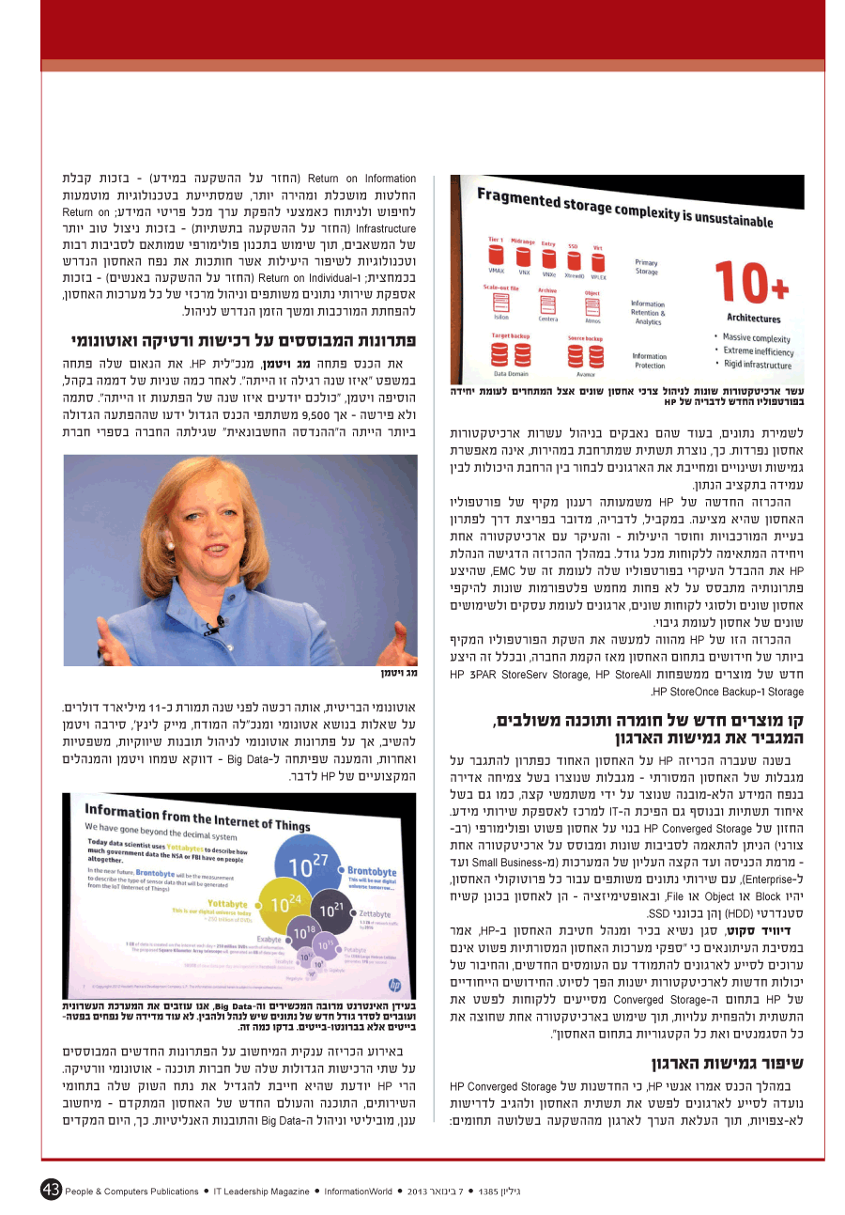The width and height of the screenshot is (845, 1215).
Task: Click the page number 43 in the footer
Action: point(51,1190)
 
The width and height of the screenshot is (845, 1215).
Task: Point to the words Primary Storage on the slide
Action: point(647,267)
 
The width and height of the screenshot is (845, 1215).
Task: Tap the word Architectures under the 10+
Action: point(753,319)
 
